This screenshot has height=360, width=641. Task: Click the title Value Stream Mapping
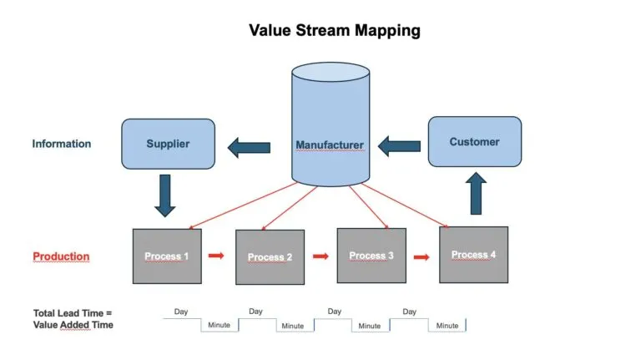[335, 31]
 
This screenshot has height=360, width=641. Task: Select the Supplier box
[168, 144]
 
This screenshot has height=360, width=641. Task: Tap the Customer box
[475, 141]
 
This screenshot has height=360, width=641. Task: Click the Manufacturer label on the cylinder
[330, 145]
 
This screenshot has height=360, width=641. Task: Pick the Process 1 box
[167, 256]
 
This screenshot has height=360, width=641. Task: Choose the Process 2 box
[270, 257]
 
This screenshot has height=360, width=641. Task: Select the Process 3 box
[371, 256]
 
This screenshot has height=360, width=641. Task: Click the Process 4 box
[474, 255]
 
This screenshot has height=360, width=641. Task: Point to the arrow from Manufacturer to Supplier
[249, 148]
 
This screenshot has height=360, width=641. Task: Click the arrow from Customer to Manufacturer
[399, 146]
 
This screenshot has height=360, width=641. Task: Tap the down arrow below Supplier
[165, 195]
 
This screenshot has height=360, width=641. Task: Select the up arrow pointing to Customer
[476, 193]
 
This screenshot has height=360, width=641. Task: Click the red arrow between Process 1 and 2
[216, 256]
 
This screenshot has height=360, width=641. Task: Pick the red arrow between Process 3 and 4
[421, 257]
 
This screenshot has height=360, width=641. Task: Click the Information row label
[62, 144]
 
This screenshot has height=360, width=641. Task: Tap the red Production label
[61, 256]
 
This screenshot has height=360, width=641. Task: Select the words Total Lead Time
[68, 313]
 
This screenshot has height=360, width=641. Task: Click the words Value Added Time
[73, 325]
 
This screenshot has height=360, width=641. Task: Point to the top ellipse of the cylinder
[331, 72]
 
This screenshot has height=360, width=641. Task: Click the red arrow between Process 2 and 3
[320, 256]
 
